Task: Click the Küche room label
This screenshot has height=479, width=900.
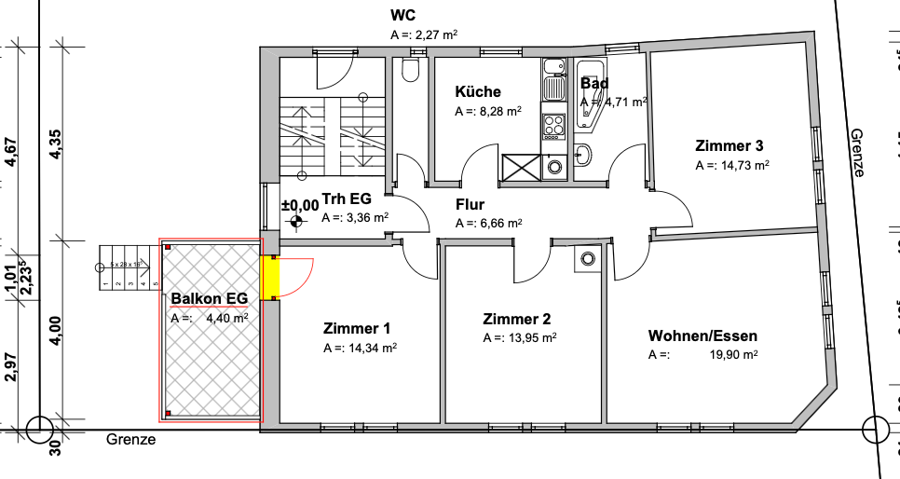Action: (478, 92)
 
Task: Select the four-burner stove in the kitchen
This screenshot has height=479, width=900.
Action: (554, 125)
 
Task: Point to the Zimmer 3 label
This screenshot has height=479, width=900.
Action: (730, 146)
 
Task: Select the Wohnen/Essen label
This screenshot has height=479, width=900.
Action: (703, 336)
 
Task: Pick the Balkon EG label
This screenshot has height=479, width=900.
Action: (210, 299)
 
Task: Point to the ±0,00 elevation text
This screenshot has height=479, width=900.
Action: (299, 204)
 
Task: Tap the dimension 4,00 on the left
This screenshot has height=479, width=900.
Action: (56, 332)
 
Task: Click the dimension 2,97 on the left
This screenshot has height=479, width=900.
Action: (11, 367)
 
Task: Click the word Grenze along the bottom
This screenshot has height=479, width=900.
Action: (130, 440)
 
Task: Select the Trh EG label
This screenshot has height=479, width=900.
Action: (347, 199)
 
